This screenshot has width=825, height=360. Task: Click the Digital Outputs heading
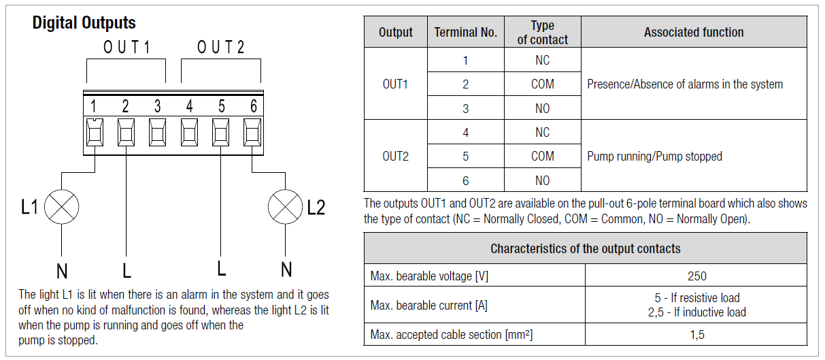coord(84,23)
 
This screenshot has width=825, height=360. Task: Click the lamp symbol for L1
coord(62,206)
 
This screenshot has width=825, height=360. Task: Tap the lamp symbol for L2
coord(286,206)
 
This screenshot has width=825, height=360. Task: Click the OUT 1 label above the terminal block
coord(127,48)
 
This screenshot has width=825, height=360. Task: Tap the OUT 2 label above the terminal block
coord(220,48)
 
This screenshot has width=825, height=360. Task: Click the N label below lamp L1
coord(62,271)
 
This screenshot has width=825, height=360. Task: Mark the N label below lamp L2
coord(286,269)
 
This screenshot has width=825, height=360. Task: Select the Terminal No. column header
coord(465,32)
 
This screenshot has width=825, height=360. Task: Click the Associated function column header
coord(694,32)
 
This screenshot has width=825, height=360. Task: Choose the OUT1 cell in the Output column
coord(395,84)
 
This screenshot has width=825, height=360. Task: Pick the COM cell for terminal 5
coord(542,156)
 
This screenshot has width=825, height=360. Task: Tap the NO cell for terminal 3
coord(542,108)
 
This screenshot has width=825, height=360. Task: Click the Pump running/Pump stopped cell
coord(654,156)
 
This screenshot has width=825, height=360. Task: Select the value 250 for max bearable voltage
coord(696,276)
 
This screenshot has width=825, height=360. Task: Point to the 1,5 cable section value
coord(696,334)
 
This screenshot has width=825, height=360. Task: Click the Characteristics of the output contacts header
coord(585,248)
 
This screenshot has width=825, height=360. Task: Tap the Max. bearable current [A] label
coord(428,305)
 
